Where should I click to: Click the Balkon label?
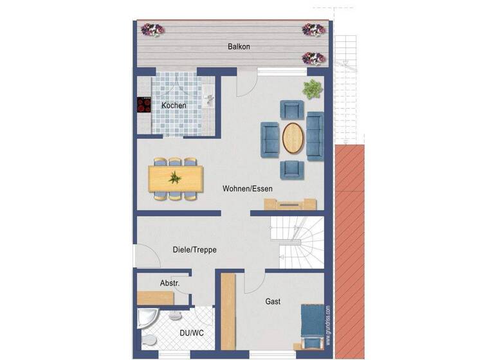pos(239,47)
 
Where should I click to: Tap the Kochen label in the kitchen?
pos(174,105)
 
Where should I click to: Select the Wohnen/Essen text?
pos(248,188)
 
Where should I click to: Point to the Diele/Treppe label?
pos(195,249)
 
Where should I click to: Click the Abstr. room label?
pos(170,283)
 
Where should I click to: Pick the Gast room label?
pos(273,301)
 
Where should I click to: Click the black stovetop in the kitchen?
pos(143,105)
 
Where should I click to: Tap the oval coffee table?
pos(293,137)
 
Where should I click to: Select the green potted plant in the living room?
pos(313,89)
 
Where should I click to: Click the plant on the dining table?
pos(175,177)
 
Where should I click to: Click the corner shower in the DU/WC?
pos(149,319)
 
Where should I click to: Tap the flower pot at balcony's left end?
pos(153,30)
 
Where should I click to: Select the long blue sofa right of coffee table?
pos(315,136)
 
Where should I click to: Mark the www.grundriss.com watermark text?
pos(328,325)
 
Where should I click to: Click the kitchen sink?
pos(208,99)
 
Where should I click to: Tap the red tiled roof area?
pos(350,251)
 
